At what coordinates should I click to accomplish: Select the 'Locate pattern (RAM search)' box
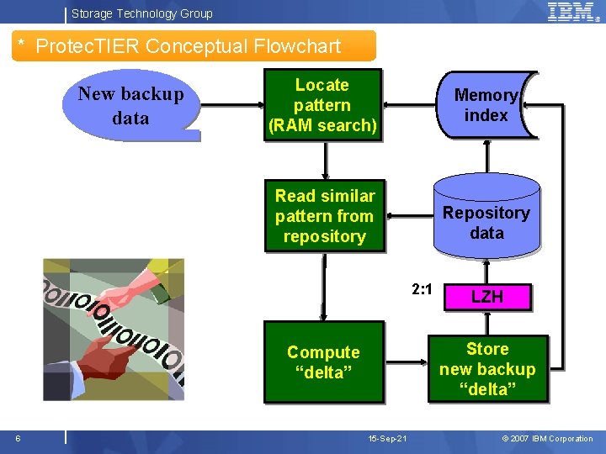tap(322, 105)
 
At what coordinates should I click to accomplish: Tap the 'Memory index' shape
tap(486, 105)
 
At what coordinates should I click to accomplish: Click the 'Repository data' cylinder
tap(486, 223)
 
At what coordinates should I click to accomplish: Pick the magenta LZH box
tap(486, 296)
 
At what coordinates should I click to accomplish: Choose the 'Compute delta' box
tap(323, 362)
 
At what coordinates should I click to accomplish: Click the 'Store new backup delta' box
tap(487, 369)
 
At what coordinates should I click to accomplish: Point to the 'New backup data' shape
tap(131, 106)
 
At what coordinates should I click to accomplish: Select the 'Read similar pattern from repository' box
tap(324, 216)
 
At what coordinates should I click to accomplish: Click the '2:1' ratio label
tap(422, 289)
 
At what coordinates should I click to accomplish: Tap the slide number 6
tap(18, 438)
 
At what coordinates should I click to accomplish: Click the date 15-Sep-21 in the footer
tap(387, 439)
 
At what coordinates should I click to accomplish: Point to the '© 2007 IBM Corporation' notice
tap(547, 439)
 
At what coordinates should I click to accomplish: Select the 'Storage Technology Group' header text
tap(141, 13)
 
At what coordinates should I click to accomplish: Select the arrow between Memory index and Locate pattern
tap(408, 104)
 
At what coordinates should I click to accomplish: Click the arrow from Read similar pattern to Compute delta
tap(323, 286)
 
